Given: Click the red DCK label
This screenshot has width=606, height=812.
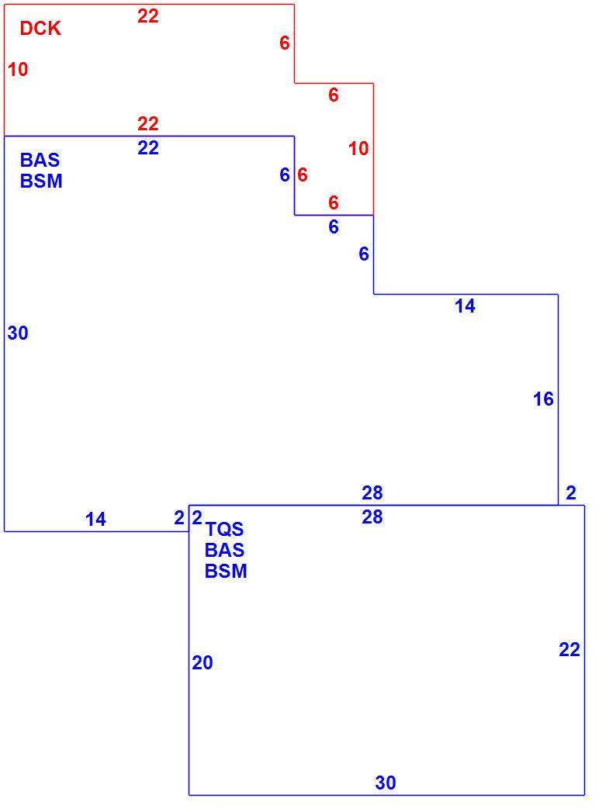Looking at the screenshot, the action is (x=40, y=29).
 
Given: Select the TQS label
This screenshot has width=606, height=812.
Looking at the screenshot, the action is (x=224, y=529).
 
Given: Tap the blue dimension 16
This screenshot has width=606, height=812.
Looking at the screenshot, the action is (x=543, y=399).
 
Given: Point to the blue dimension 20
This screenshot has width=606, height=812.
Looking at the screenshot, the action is (x=203, y=663).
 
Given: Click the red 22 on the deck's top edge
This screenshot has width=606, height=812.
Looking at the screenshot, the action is (x=147, y=16).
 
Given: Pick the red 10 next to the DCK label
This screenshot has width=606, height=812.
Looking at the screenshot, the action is (x=18, y=69).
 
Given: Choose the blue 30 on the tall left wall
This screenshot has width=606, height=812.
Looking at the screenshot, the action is (x=18, y=333).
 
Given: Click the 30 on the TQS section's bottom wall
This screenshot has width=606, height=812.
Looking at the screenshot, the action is (x=386, y=783).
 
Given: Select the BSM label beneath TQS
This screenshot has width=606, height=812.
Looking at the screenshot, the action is (x=226, y=572).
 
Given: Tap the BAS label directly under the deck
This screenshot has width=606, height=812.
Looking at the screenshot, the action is (x=40, y=160).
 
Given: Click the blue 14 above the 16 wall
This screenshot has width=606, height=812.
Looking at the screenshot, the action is (x=465, y=306).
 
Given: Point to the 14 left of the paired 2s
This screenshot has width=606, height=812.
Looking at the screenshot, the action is (x=95, y=520).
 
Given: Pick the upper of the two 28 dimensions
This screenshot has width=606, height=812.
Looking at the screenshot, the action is (x=372, y=493).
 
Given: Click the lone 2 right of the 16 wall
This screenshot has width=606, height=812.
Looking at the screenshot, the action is (x=571, y=493).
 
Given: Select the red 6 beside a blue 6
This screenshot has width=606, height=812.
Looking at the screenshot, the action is (x=303, y=175).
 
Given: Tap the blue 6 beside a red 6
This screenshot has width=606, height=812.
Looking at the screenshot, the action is (x=285, y=175).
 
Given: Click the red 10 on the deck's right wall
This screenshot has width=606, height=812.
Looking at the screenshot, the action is (x=358, y=149).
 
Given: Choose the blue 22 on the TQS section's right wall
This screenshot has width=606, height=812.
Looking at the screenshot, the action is (x=570, y=650).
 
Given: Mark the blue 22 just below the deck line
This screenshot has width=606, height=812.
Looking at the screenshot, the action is (x=148, y=148).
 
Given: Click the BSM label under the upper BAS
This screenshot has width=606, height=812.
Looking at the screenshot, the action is (x=41, y=181).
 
